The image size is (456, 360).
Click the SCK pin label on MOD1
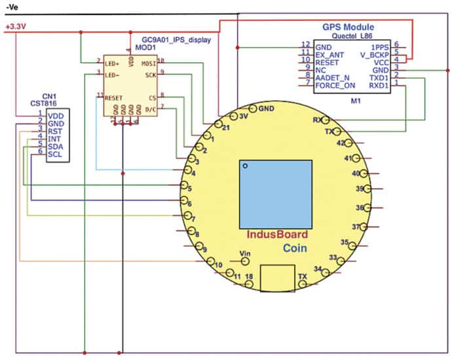tap(149, 74)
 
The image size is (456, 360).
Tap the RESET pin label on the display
tap(114, 98)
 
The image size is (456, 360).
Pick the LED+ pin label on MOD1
tap(113, 63)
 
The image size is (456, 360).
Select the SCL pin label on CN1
tap(55, 154)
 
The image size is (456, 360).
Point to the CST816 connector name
tap(43, 103)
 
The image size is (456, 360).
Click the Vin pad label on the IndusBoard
tap(246, 253)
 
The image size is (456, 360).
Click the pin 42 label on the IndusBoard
tap(341, 142)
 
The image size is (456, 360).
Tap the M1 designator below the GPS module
tap(355, 101)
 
